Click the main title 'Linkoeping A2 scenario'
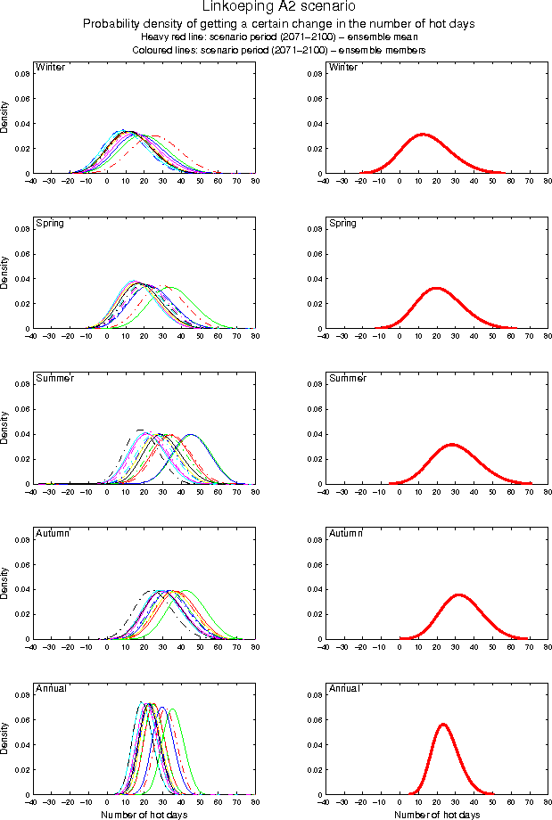click(276, 8)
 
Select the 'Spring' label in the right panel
click(342, 223)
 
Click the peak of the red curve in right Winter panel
click(422, 135)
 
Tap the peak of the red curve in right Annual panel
click(442, 724)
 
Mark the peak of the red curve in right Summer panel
click(451, 444)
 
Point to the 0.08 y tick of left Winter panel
click(20, 73)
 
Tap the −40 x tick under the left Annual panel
click(30, 802)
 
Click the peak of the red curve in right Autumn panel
click(458, 594)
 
